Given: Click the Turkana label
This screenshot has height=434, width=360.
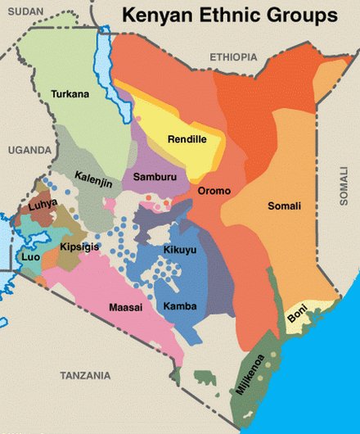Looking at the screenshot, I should click(70, 94).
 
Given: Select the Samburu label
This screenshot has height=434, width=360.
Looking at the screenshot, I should click(151, 177).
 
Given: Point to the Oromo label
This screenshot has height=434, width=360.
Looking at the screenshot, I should click(214, 191).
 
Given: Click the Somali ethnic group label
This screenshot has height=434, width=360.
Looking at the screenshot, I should click(285, 206).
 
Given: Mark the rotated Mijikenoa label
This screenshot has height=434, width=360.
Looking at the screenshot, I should click(251, 373).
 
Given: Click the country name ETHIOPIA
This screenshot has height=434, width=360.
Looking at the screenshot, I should click(233, 57).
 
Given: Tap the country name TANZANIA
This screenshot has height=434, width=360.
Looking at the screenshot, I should click(85, 375).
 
